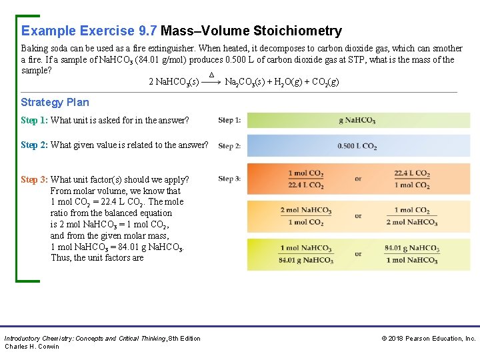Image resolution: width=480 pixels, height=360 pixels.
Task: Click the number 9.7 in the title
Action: [146, 31]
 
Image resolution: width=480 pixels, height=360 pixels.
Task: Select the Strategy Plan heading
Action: [55, 102]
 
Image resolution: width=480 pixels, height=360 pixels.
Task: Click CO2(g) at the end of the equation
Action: [325, 82]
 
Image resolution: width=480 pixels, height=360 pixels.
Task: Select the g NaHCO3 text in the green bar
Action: [357, 121]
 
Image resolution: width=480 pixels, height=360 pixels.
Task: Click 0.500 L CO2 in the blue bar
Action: [357, 146]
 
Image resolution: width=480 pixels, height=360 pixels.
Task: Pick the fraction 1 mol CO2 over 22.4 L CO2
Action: [306, 179]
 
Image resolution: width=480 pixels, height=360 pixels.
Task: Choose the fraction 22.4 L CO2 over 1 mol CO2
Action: [411, 179]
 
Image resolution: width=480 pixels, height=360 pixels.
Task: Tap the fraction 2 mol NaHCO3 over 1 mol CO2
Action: [306, 216]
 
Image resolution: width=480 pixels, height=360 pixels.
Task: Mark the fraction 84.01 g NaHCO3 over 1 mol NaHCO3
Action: [411, 254]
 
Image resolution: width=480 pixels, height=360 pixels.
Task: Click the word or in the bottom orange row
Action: [358, 254]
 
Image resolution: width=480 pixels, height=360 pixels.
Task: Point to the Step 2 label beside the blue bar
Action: [229, 146]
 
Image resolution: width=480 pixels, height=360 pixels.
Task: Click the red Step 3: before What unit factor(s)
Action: [34, 179]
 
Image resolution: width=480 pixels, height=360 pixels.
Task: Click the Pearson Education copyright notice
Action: [428, 339]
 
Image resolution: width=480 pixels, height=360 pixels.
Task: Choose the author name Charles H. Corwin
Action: [32, 347]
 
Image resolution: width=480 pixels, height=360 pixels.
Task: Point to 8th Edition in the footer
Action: [185, 339]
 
